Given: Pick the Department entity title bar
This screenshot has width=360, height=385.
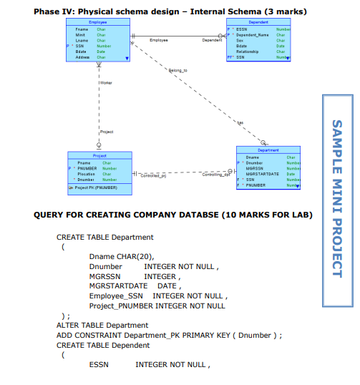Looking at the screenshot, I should (x=266, y=150).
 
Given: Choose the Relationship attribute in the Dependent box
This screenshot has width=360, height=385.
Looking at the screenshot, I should (x=248, y=51).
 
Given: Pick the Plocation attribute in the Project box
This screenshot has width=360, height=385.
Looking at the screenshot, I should (x=87, y=173).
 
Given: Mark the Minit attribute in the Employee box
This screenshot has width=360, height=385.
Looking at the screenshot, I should (x=80, y=34).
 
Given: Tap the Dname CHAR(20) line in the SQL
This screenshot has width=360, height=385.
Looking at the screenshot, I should (x=121, y=255).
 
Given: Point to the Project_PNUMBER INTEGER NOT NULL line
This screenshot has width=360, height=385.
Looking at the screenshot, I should (x=157, y=306).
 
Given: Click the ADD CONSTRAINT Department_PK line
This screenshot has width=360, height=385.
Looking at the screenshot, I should (x=170, y=335).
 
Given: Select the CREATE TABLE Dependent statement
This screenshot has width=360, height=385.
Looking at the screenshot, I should (x=104, y=345).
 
